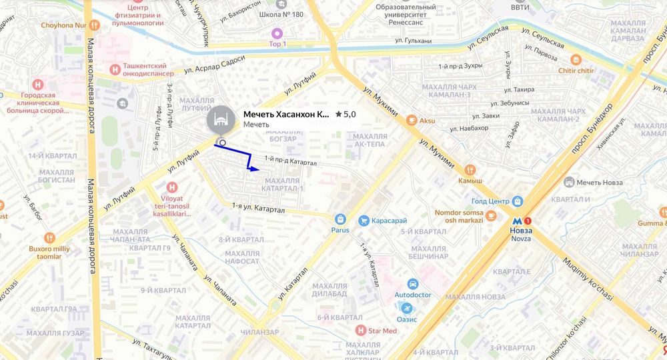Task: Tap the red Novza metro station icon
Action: [527, 221]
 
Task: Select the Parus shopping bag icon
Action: [340, 219]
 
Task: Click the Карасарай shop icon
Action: [364, 221]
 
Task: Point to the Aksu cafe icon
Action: [412, 120]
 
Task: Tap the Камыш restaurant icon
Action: [470, 169]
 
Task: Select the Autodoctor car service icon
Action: [412, 283]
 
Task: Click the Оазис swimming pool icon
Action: [407, 308]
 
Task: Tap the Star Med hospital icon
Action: [361, 330]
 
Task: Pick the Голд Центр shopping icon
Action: [518, 201]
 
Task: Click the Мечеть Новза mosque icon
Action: [569, 182]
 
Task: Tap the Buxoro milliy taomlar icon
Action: [49, 237]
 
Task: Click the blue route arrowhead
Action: [255, 169]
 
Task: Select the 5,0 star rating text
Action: [345, 115]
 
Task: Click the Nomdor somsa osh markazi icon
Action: [491, 215]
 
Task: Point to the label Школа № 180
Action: [282, 14]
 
